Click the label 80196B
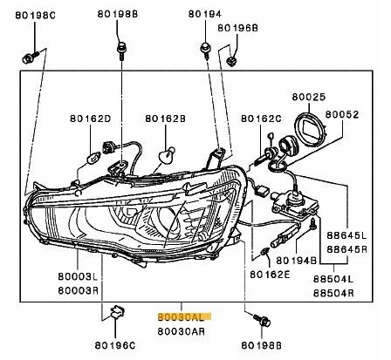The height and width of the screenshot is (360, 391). tap(238, 29)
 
